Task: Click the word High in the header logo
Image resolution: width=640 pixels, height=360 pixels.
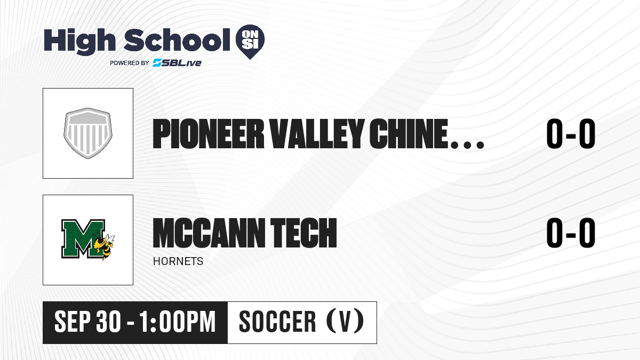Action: pos(79,42)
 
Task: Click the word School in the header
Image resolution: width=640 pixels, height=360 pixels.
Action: pos(177,39)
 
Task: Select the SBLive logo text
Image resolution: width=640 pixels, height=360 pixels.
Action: pos(177,62)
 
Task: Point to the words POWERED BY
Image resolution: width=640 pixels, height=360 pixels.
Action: pos(129,63)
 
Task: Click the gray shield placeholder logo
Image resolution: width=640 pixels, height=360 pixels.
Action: pos(88,133)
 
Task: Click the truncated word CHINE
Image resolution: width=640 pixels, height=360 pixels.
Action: pos(409,134)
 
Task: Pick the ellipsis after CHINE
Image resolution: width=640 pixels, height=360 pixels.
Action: pos(467,145)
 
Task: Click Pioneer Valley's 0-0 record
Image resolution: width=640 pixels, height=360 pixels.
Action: pos(571,134)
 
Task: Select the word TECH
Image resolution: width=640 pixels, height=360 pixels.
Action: pos(303,233)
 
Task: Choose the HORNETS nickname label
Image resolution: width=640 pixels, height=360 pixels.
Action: pos(178,261)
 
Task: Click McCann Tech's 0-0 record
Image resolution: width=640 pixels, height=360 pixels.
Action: pos(571,233)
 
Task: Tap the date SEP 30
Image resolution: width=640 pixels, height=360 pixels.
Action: pos(87,322)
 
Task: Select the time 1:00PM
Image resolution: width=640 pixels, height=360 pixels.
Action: pos(178,322)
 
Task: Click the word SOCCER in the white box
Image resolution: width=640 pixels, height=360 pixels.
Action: pos(277,322)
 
